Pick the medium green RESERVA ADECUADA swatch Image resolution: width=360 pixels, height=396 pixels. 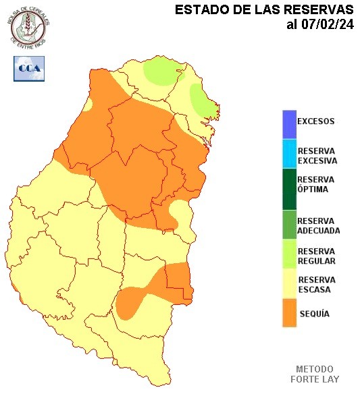point(289,225)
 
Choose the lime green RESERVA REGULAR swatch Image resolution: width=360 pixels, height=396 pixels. point(289,255)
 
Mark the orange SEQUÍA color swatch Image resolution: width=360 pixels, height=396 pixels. point(289,314)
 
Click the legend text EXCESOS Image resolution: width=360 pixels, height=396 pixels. point(315,121)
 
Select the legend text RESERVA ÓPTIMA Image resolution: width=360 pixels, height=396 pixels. point(315,184)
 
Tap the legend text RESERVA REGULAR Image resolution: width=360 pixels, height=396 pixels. point(316,256)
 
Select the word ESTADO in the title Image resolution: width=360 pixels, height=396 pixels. point(197,10)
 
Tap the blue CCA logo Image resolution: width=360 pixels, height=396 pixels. point(28,68)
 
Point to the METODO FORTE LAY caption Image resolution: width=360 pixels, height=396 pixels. point(314,374)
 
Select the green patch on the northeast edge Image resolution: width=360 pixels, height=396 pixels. point(203,102)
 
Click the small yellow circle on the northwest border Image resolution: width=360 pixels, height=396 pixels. point(88,106)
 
